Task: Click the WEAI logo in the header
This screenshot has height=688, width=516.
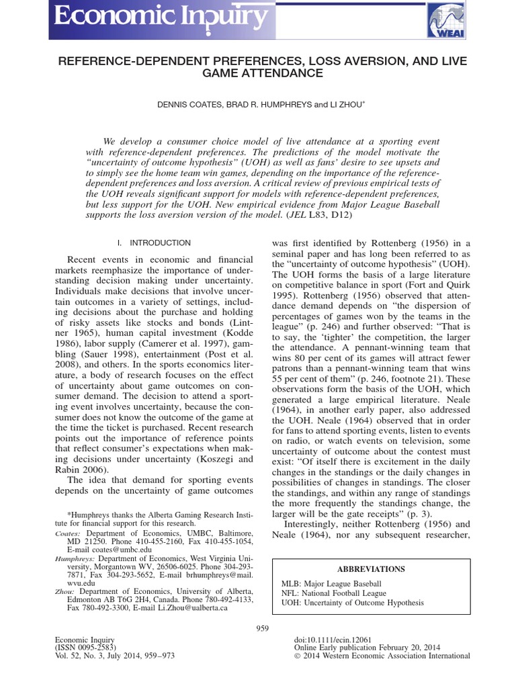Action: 445,19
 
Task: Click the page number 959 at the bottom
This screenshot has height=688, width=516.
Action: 263,628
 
